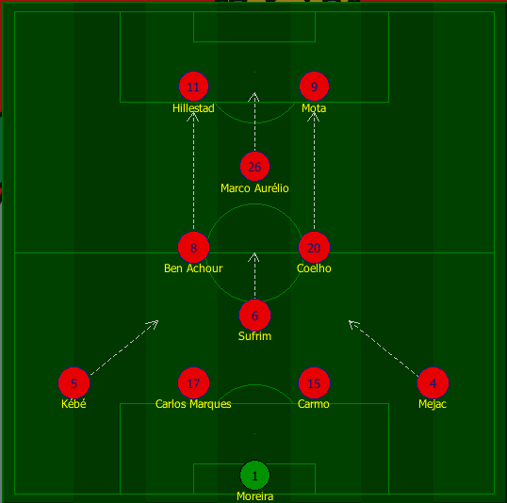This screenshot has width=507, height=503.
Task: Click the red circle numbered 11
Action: (193, 87)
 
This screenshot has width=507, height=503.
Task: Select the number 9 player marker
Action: (314, 87)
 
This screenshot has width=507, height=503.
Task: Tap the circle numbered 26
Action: (254, 167)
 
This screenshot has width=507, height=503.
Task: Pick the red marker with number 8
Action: (193, 248)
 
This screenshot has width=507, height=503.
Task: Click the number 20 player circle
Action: (314, 248)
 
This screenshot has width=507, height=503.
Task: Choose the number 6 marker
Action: (254, 316)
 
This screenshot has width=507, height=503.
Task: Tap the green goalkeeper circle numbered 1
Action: (254, 476)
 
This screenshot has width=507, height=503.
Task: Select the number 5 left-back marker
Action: (74, 383)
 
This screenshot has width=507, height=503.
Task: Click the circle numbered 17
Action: (193, 383)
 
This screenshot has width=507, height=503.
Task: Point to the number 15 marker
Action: (314, 383)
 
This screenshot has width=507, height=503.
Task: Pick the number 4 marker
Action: (433, 383)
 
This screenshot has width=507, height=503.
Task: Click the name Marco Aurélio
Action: (254, 188)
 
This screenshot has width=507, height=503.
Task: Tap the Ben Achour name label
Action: (193, 268)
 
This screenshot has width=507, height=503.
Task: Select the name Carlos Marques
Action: (193, 404)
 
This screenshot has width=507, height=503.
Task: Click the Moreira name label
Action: (254, 496)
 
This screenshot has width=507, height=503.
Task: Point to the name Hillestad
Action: (193, 108)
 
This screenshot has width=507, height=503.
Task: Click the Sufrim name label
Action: (254, 336)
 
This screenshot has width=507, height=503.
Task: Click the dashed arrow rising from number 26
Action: (254, 122)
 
